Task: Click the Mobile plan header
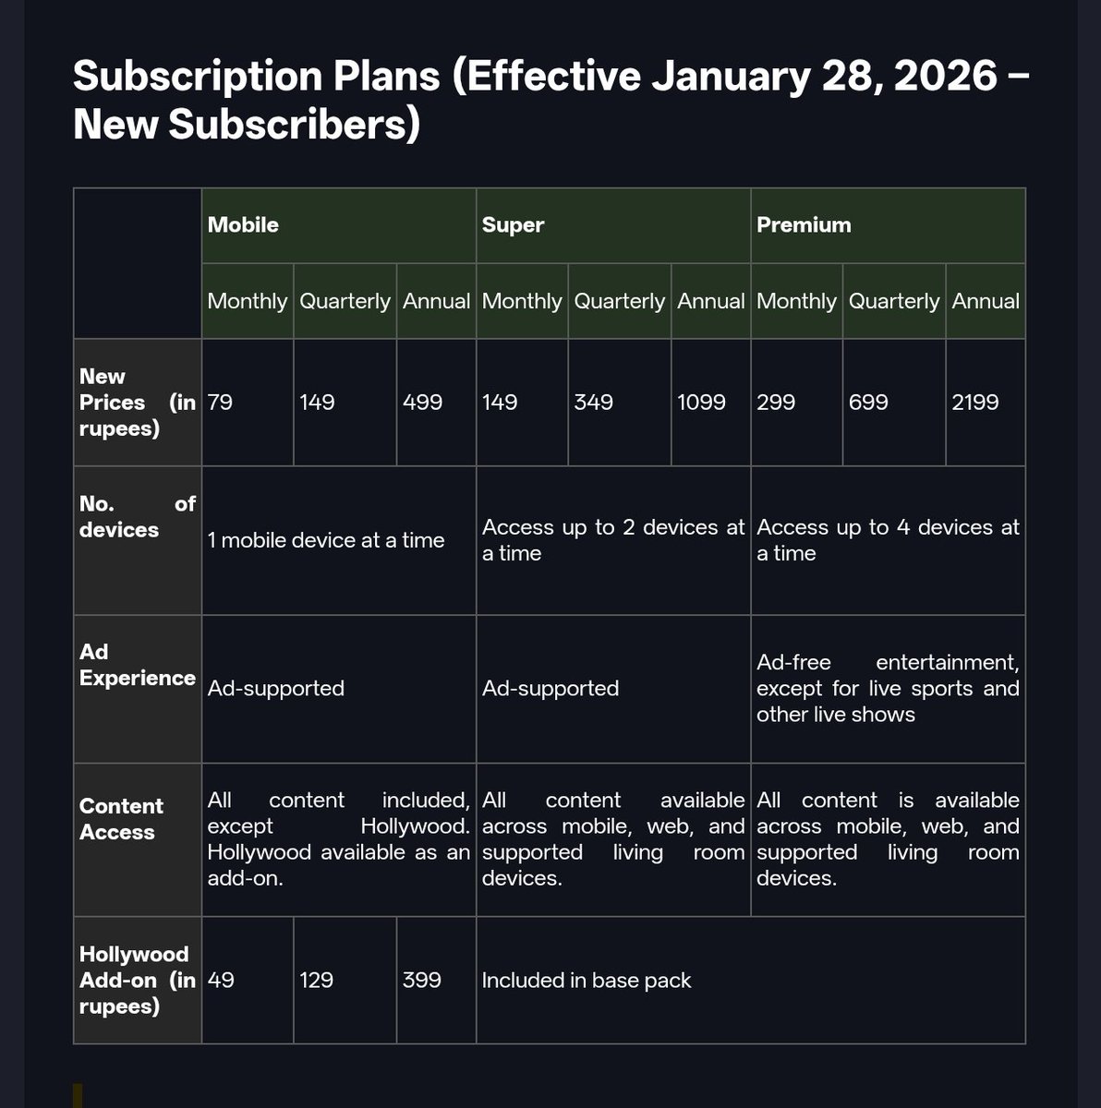pos(244,225)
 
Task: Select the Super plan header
pos(514,225)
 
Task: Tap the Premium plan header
pos(804,225)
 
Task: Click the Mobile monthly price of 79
pos(221,403)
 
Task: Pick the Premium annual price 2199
pos(975,403)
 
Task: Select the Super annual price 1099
pos(702,403)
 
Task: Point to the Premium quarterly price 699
pos(868,403)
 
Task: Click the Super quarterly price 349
pos(594,403)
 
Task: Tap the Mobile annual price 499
pos(423,403)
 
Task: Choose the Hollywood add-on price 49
pos(221,980)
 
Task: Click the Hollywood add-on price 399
pos(422,980)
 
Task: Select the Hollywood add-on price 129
pos(317,980)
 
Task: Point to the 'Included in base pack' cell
pos(587,980)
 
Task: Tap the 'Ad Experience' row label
pos(137,665)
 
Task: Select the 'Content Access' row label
pos(122,819)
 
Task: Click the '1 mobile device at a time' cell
pos(326,540)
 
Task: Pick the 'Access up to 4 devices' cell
pos(888,540)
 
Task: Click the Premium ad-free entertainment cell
pos(888,688)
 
